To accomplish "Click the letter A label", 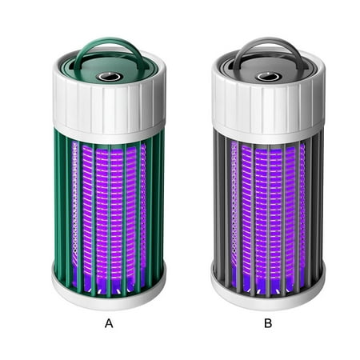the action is click(x=109, y=323).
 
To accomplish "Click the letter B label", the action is click(x=268, y=323).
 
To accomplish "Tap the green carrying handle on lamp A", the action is click(x=109, y=42).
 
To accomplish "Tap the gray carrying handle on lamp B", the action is click(x=268, y=42).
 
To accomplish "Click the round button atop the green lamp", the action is click(x=108, y=77).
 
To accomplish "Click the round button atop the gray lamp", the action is click(x=268, y=77).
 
